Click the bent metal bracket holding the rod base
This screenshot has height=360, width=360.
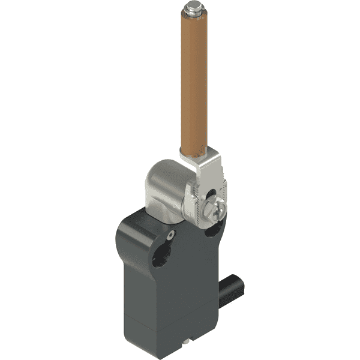pyautogui.click(x=198, y=162)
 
